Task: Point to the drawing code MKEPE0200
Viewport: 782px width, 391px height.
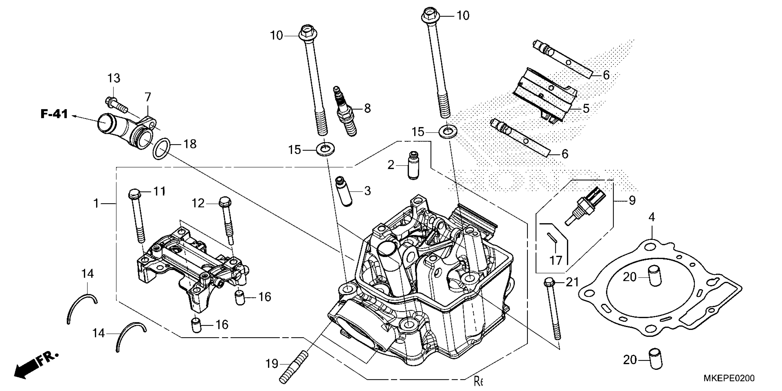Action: tap(729, 378)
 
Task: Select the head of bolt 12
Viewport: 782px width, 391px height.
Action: tap(225, 201)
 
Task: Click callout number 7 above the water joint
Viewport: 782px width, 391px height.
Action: tap(147, 97)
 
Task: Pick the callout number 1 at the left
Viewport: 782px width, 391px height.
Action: tap(96, 203)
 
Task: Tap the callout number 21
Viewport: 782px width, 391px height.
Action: tap(572, 282)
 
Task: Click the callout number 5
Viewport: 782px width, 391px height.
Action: tap(586, 108)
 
